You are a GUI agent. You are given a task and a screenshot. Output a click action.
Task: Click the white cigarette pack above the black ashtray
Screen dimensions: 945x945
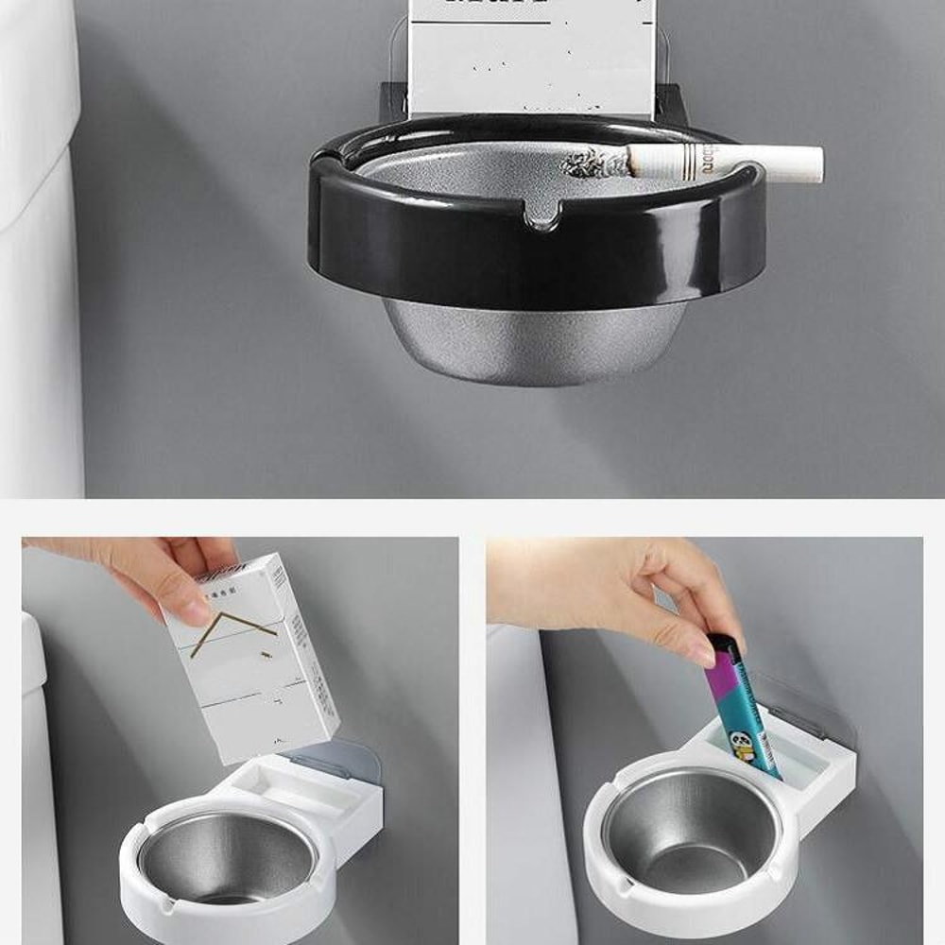pos(532,57)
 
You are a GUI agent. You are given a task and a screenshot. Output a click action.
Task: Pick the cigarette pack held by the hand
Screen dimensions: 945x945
pos(253,661)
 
